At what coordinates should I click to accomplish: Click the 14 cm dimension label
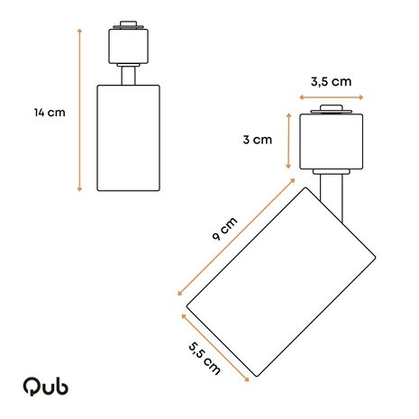pyautogui.click(x=50, y=113)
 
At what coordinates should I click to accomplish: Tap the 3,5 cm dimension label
pyautogui.click(x=331, y=81)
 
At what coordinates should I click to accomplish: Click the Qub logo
pyautogui.click(x=46, y=386)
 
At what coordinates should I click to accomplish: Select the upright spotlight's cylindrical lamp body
pyautogui.click(x=128, y=137)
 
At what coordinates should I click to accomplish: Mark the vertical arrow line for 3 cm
pyautogui.click(x=287, y=141)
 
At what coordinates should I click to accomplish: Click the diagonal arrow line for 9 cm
pyautogui.click(x=238, y=239)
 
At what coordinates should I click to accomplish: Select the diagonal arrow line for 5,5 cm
pyautogui.click(x=215, y=346)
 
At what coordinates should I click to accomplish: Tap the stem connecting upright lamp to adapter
pyautogui.click(x=128, y=75)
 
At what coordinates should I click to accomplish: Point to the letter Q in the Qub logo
pyautogui.click(x=32, y=386)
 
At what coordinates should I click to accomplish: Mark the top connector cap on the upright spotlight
pyautogui.click(x=128, y=26)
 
